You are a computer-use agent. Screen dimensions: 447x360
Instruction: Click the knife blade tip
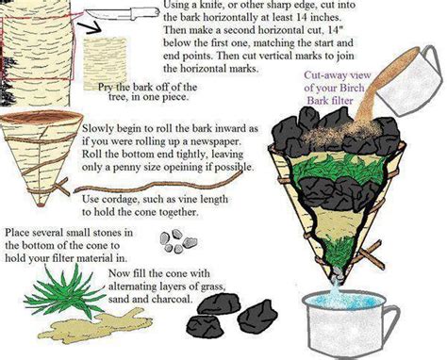[85, 11]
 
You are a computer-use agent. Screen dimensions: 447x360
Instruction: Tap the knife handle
[143, 15]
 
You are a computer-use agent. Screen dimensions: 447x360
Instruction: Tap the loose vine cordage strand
[158, 182]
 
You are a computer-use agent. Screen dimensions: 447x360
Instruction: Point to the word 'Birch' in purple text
[350, 88]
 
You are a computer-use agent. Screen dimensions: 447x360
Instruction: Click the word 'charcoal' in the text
[172, 299]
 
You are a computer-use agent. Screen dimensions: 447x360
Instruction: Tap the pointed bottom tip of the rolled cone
[41, 205]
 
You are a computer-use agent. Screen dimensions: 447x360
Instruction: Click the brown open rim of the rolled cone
[41, 117]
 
